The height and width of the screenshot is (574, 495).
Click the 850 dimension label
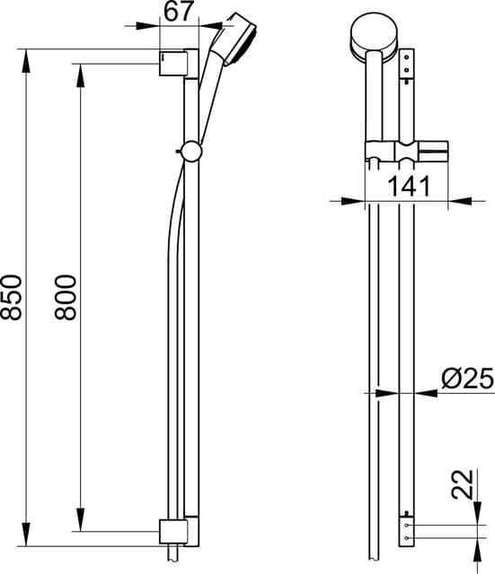(x=13, y=296)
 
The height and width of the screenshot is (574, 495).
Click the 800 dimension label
(x=65, y=296)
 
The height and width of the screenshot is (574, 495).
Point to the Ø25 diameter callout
(x=466, y=379)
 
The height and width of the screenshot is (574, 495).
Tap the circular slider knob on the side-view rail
(x=190, y=152)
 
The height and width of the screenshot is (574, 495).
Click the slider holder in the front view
(x=392, y=152)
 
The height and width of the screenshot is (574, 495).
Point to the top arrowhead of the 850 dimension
(x=27, y=57)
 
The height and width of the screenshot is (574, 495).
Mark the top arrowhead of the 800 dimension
(x=80, y=70)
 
